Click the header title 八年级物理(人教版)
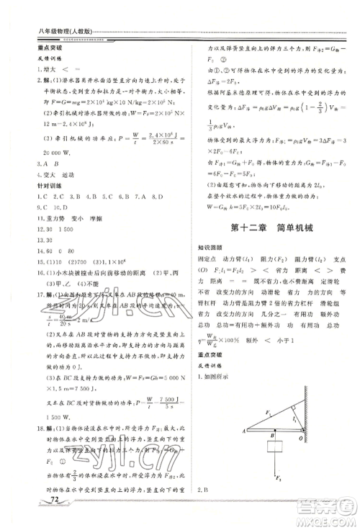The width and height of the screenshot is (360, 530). coord(50,30)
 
